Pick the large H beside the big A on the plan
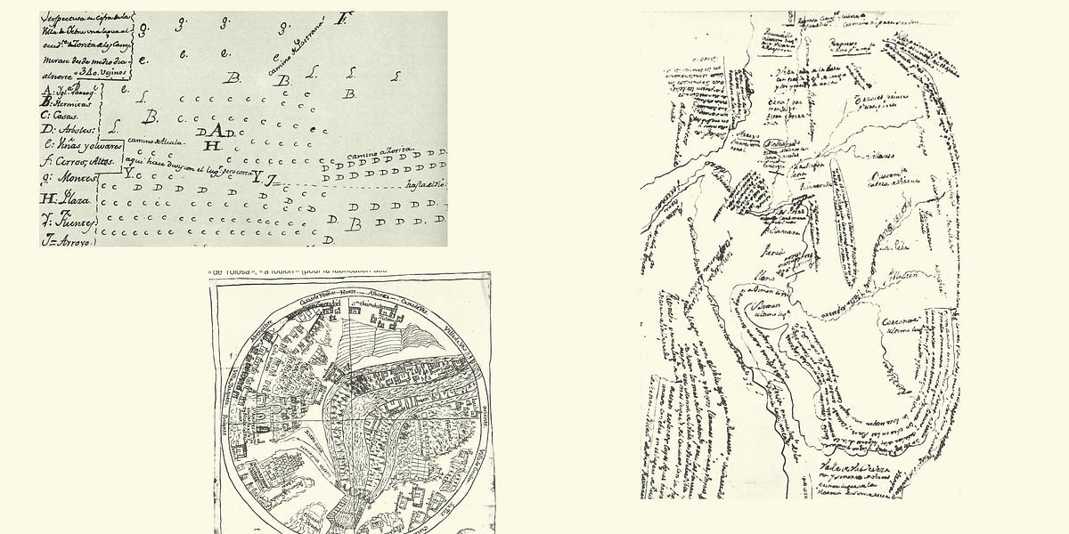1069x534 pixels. [x=211, y=145]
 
